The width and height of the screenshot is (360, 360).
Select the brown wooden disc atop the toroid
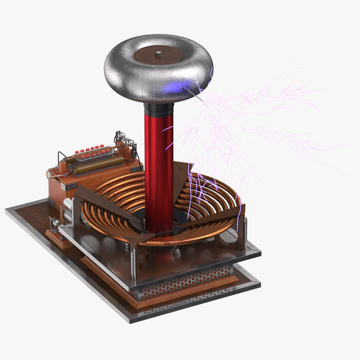click(157, 56)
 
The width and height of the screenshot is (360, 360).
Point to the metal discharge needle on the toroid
click(195, 93)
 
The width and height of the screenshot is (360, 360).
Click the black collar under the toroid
click(158, 110)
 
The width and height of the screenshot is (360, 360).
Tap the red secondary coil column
click(158, 162)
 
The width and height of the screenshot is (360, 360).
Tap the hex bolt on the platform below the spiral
click(177, 253)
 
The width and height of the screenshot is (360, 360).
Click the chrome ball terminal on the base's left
click(55, 223)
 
